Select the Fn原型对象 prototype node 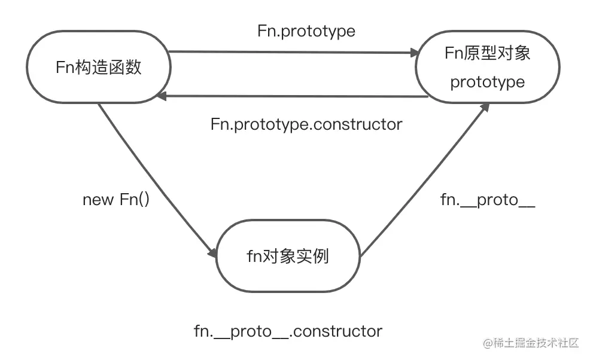487,67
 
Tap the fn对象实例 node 288,257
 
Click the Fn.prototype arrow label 306,31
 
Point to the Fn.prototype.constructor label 306,124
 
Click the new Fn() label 115,200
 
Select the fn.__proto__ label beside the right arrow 488,200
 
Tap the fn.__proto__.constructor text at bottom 288,331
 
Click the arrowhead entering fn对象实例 211,252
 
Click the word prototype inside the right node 487,82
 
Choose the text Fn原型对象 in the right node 487,53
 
